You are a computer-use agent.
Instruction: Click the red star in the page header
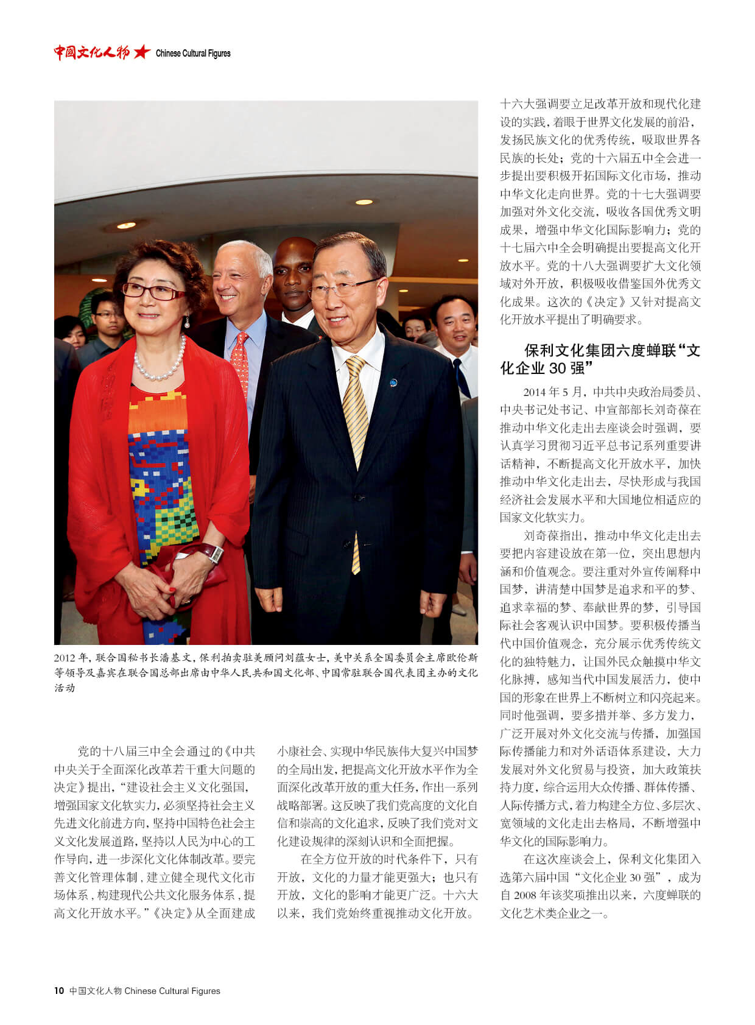point(141,52)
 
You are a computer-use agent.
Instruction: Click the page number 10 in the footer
point(58,991)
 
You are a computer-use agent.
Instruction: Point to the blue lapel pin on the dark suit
point(393,382)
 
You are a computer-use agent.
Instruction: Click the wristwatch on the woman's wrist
point(214,553)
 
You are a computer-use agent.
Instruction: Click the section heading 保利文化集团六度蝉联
point(600,359)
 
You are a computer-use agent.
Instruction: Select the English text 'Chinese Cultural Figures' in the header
point(193,54)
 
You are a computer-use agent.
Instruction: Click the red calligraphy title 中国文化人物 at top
point(91,52)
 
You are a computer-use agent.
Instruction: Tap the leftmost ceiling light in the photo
point(126,225)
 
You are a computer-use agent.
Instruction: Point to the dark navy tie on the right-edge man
point(461,378)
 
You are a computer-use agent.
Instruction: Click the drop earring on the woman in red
point(187,322)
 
